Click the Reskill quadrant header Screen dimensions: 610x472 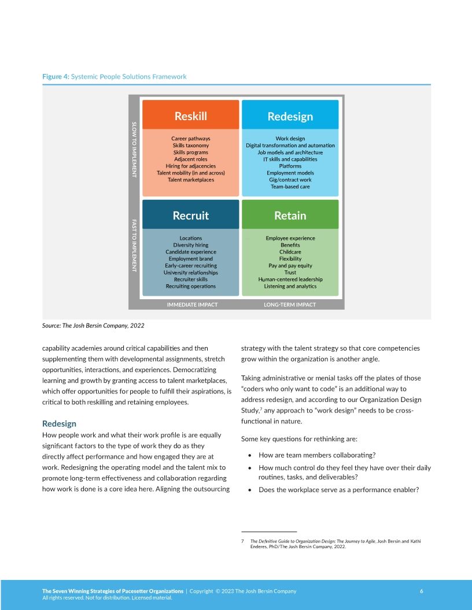190,116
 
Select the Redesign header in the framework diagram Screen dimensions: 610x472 290,116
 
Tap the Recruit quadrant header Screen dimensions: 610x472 190,215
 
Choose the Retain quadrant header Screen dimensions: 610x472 290,215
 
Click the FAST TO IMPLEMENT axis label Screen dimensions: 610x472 134,245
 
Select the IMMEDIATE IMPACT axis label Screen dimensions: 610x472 192,304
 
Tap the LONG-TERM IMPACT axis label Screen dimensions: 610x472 290,304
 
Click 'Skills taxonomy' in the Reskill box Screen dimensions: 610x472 191,146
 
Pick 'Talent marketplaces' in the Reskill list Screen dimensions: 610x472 191,180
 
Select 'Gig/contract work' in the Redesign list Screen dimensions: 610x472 290,180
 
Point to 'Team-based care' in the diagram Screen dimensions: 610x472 290,187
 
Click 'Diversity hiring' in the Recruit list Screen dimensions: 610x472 191,245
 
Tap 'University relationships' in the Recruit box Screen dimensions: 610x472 191,272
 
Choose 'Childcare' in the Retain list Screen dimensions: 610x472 290,252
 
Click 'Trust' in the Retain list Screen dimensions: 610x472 290,272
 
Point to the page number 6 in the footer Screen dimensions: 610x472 421,591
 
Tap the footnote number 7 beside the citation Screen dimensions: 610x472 242,541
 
